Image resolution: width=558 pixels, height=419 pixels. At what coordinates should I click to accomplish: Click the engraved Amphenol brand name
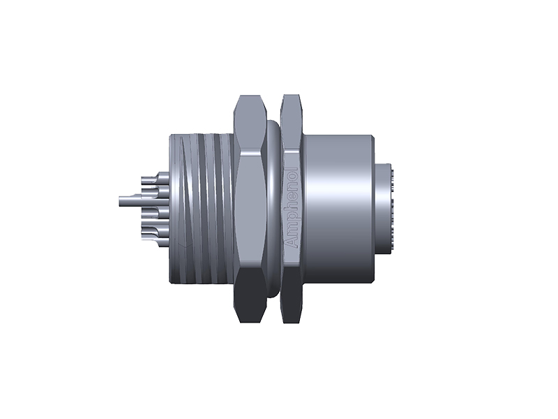pyautogui.click(x=292, y=209)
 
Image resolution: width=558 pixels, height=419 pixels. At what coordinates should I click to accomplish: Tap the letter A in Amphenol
pyautogui.click(x=292, y=242)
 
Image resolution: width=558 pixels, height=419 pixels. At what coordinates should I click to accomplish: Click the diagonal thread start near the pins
pyautogui.click(x=183, y=150)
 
